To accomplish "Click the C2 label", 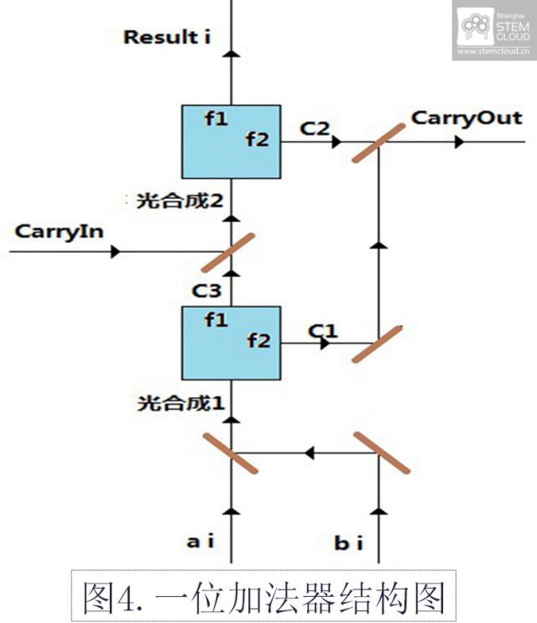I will click(x=316, y=128).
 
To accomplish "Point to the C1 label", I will click(x=322, y=331).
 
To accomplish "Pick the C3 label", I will click(x=206, y=291).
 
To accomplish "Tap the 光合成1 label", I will click(x=180, y=402).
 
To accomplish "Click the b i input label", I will click(x=348, y=542).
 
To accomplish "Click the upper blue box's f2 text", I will click(x=257, y=139).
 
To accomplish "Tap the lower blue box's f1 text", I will click(x=216, y=320).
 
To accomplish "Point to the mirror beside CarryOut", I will click(x=378, y=135).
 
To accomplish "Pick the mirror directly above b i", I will click(x=382, y=453).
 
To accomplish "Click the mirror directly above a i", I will click(x=231, y=453).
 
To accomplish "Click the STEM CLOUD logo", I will click(x=493, y=29).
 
